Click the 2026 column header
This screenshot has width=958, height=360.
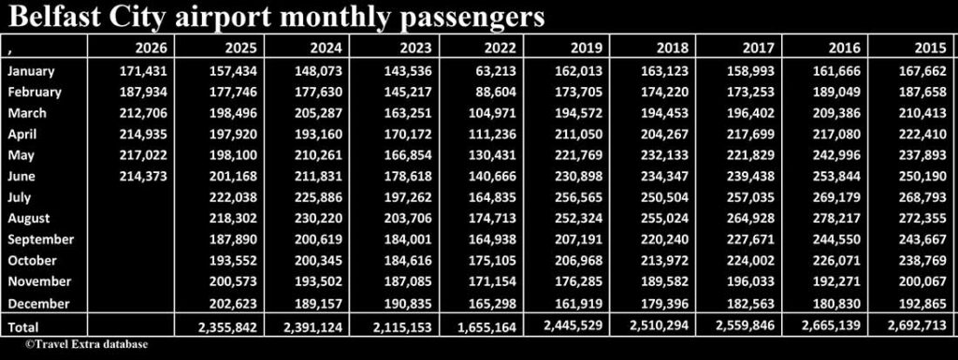click(151, 48)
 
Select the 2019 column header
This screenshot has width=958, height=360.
click(587, 48)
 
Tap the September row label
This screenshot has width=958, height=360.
click(40, 239)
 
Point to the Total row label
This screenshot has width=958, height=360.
click(22, 327)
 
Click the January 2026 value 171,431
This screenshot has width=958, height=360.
click(143, 71)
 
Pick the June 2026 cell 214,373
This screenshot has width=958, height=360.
click(143, 177)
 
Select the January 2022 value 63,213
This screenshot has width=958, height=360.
click(496, 71)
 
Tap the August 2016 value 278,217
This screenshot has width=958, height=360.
click(837, 219)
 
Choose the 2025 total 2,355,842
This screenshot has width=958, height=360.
click(225, 327)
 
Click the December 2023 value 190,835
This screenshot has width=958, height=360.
click(408, 303)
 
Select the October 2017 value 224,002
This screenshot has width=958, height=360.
click(750, 261)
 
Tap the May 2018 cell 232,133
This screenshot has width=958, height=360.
click(665, 155)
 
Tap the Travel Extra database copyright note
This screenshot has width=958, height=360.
click(87, 345)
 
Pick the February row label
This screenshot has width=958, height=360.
click(35, 93)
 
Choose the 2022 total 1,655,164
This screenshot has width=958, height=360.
click(486, 327)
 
